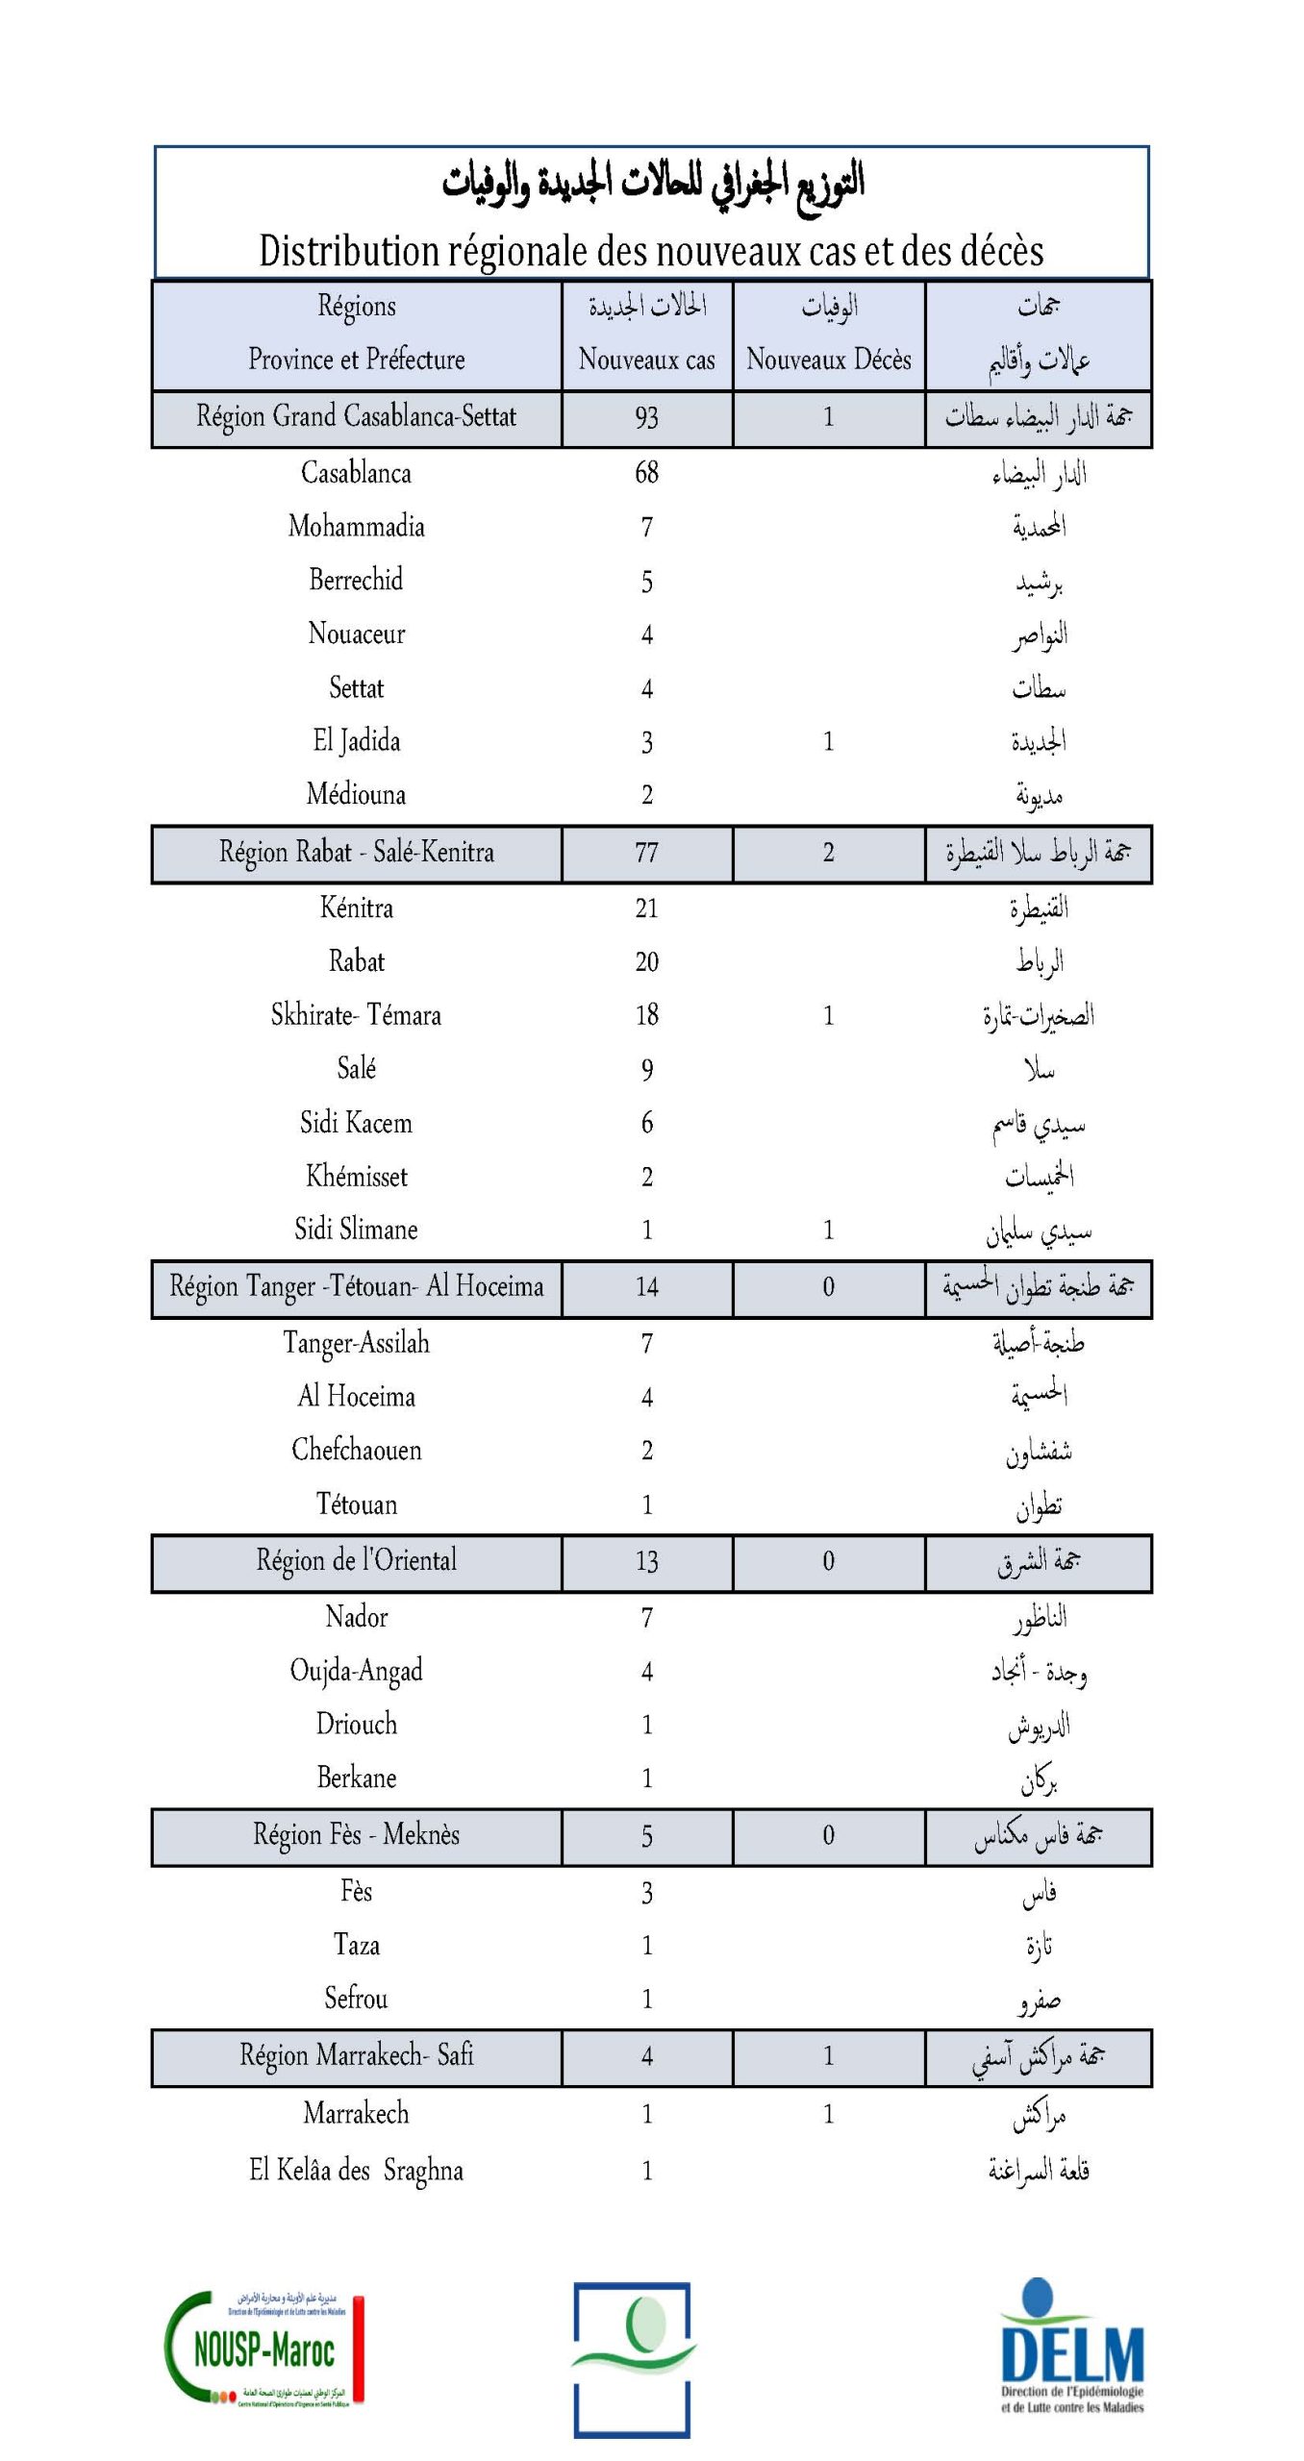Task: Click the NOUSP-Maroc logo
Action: coord(264,2349)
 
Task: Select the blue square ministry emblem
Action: coord(632,2359)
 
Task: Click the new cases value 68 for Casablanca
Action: coord(646,473)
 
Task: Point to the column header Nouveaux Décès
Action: coord(828,360)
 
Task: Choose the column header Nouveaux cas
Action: coord(646,360)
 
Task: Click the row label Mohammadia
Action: coord(356,527)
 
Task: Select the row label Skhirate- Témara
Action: coord(356,1015)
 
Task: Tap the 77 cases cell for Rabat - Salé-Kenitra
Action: coord(646,853)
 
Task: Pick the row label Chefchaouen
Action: coord(356,1451)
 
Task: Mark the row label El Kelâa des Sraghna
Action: coord(356,2171)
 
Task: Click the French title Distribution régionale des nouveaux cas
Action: coord(651,251)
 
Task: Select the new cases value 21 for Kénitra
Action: coord(646,908)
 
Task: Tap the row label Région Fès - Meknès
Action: coord(356,1835)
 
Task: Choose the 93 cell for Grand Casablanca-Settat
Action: coord(646,417)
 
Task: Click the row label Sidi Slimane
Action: coord(356,1230)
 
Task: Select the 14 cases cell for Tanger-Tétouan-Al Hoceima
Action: coord(646,1287)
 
